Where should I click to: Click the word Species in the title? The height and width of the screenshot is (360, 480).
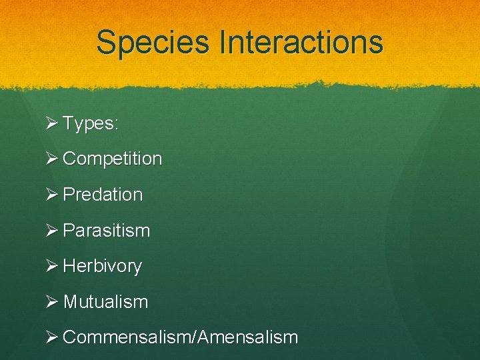click(152, 43)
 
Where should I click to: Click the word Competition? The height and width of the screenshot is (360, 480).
click(112, 159)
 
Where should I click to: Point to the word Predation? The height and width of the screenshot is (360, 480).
click(103, 195)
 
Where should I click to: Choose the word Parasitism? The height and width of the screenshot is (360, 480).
click(106, 231)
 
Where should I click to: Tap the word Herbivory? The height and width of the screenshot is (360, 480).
click(102, 266)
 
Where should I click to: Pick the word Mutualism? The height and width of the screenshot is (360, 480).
click(105, 302)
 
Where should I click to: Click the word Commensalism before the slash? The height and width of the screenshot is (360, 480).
click(127, 337)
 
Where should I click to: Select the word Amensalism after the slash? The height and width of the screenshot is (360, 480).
click(247, 337)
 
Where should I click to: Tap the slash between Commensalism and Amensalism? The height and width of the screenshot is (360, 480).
click(194, 337)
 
